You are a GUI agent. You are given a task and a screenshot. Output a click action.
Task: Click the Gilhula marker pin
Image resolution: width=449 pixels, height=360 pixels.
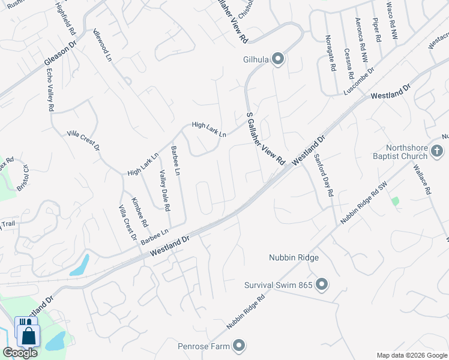pyautogui.click(x=278, y=59)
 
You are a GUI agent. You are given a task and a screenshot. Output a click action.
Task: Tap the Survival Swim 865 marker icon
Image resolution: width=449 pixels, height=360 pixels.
pyautogui.click(x=321, y=284)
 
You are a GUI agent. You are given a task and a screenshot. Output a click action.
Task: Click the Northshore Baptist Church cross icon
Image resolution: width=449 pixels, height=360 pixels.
pyautogui.click(x=438, y=151)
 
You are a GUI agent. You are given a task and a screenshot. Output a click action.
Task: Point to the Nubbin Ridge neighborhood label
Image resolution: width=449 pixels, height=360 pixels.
pyautogui.click(x=293, y=258)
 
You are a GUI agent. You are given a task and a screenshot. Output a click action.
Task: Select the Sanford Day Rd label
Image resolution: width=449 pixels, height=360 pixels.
pyautogui.click(x=323, y=176)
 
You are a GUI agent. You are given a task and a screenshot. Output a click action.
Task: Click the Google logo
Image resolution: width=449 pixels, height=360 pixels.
pyautogui.click(x=20, y=353)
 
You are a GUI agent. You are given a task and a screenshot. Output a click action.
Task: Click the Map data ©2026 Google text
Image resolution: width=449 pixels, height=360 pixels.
pyautogui.click(x=411, y=355)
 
